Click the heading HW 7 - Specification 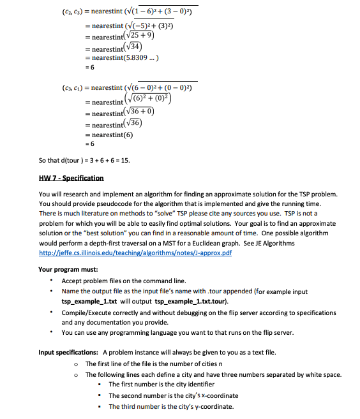71,177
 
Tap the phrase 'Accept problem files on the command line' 124,281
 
